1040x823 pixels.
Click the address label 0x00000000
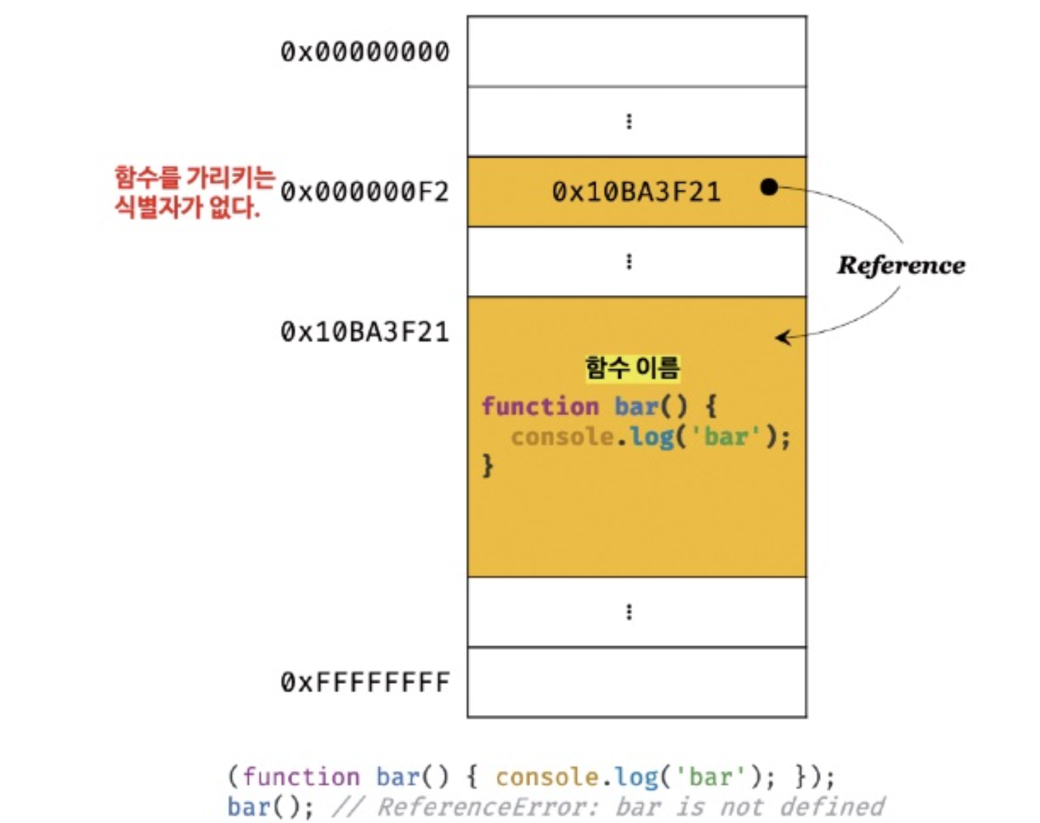[x=365, y=52]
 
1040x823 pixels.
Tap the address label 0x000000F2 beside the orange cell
[x=365, y=192]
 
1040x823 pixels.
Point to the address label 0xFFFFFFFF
[x=365, y=682]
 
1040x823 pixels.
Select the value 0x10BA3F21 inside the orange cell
[x=636, y=192]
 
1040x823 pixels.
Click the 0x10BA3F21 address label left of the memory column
[x=365, y=332]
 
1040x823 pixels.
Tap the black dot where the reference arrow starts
[x=769, y=187]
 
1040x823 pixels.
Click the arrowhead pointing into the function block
[x=783, y=337]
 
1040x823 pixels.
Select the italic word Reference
[x=901, y=265]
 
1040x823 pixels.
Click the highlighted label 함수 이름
[x=632, y=368]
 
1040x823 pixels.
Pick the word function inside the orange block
[x=540, y=406]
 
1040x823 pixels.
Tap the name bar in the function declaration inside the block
[x=637, y=406]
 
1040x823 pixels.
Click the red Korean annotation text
[x=194, y=192]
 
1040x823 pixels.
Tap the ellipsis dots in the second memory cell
[x=629, y=122]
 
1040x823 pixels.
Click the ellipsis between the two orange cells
[x=629, y=261]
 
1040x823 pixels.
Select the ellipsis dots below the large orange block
[x=629, y=612]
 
